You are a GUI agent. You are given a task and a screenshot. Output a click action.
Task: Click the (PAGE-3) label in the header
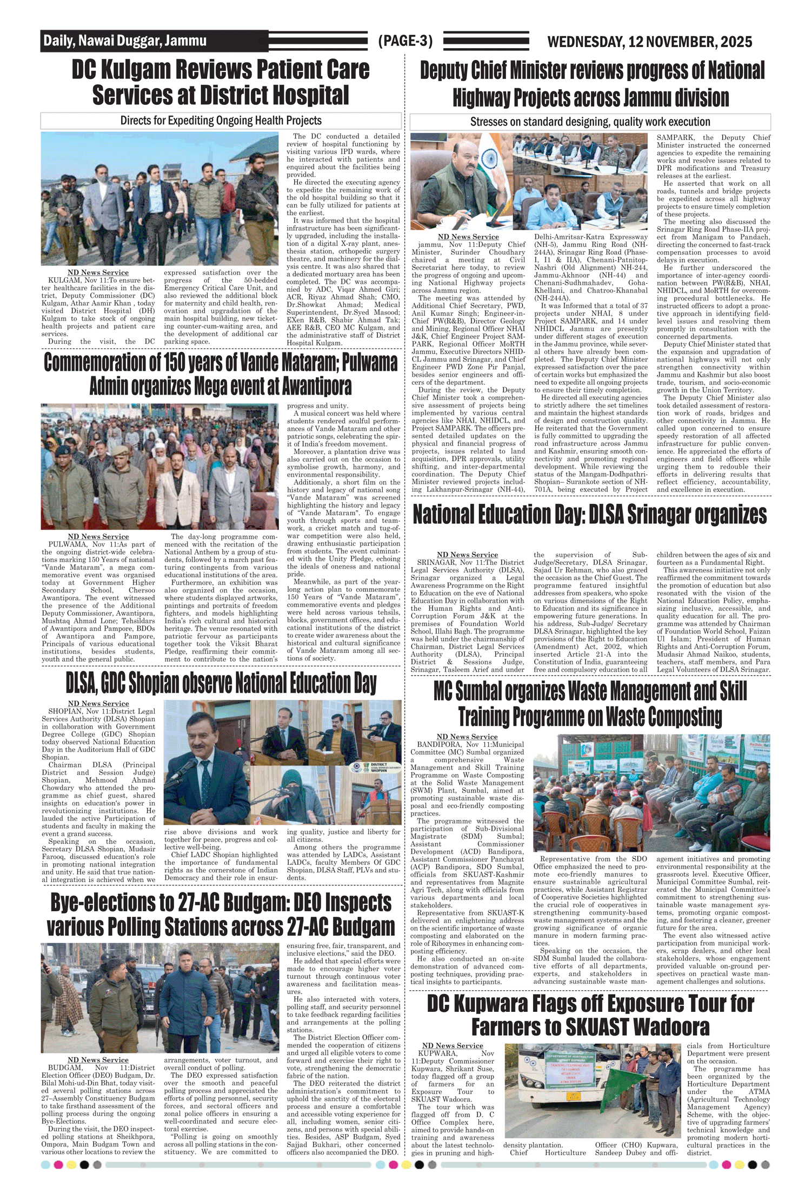coord(405,41)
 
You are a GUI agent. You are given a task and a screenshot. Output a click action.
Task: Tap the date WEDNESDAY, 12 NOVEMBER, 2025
coord(649,42)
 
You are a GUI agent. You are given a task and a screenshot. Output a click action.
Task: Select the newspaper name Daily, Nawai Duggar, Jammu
coord(125,41)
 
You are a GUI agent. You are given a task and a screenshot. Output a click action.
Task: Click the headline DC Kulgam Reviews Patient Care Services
coord(221,82)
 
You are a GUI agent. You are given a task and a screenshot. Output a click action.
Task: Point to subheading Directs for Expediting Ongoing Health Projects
coord(221,121)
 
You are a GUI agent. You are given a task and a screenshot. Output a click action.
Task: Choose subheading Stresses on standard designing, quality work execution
coord(590,122)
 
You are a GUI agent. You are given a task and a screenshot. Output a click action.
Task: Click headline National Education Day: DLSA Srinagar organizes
coord(590,515)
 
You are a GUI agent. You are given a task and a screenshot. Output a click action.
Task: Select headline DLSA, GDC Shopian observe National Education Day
coord(221,683)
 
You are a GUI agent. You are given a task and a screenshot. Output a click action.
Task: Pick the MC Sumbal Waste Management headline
coord(590,704)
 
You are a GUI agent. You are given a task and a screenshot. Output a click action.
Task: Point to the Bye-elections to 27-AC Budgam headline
coord(221,914)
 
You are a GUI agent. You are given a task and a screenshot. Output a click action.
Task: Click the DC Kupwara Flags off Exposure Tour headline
coord(590,1015)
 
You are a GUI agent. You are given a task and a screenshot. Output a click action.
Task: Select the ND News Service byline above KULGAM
coord(98,272)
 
